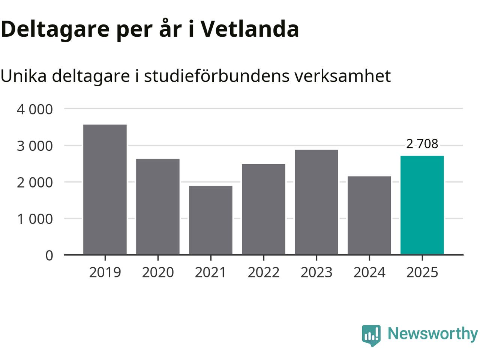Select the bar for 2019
105,189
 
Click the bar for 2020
158,207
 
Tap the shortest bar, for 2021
211,220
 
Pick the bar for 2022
264,209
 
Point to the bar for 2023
316,202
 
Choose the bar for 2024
369,215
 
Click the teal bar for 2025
422,205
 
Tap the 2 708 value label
422,144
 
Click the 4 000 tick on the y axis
35,109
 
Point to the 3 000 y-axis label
35,146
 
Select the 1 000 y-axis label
35,219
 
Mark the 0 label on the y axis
49,255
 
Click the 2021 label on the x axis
211,272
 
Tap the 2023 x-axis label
316,272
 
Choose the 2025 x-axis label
422,272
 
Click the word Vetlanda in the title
249,28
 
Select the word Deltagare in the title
55,29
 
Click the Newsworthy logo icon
371,334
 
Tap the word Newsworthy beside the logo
432,333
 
